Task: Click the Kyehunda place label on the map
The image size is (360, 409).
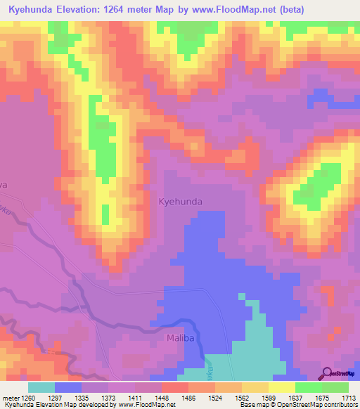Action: point(181,202)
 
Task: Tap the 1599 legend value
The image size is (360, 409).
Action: point(269,398)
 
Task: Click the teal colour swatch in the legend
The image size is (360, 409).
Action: point(41,387)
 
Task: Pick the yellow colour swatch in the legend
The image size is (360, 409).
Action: point(281,387)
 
